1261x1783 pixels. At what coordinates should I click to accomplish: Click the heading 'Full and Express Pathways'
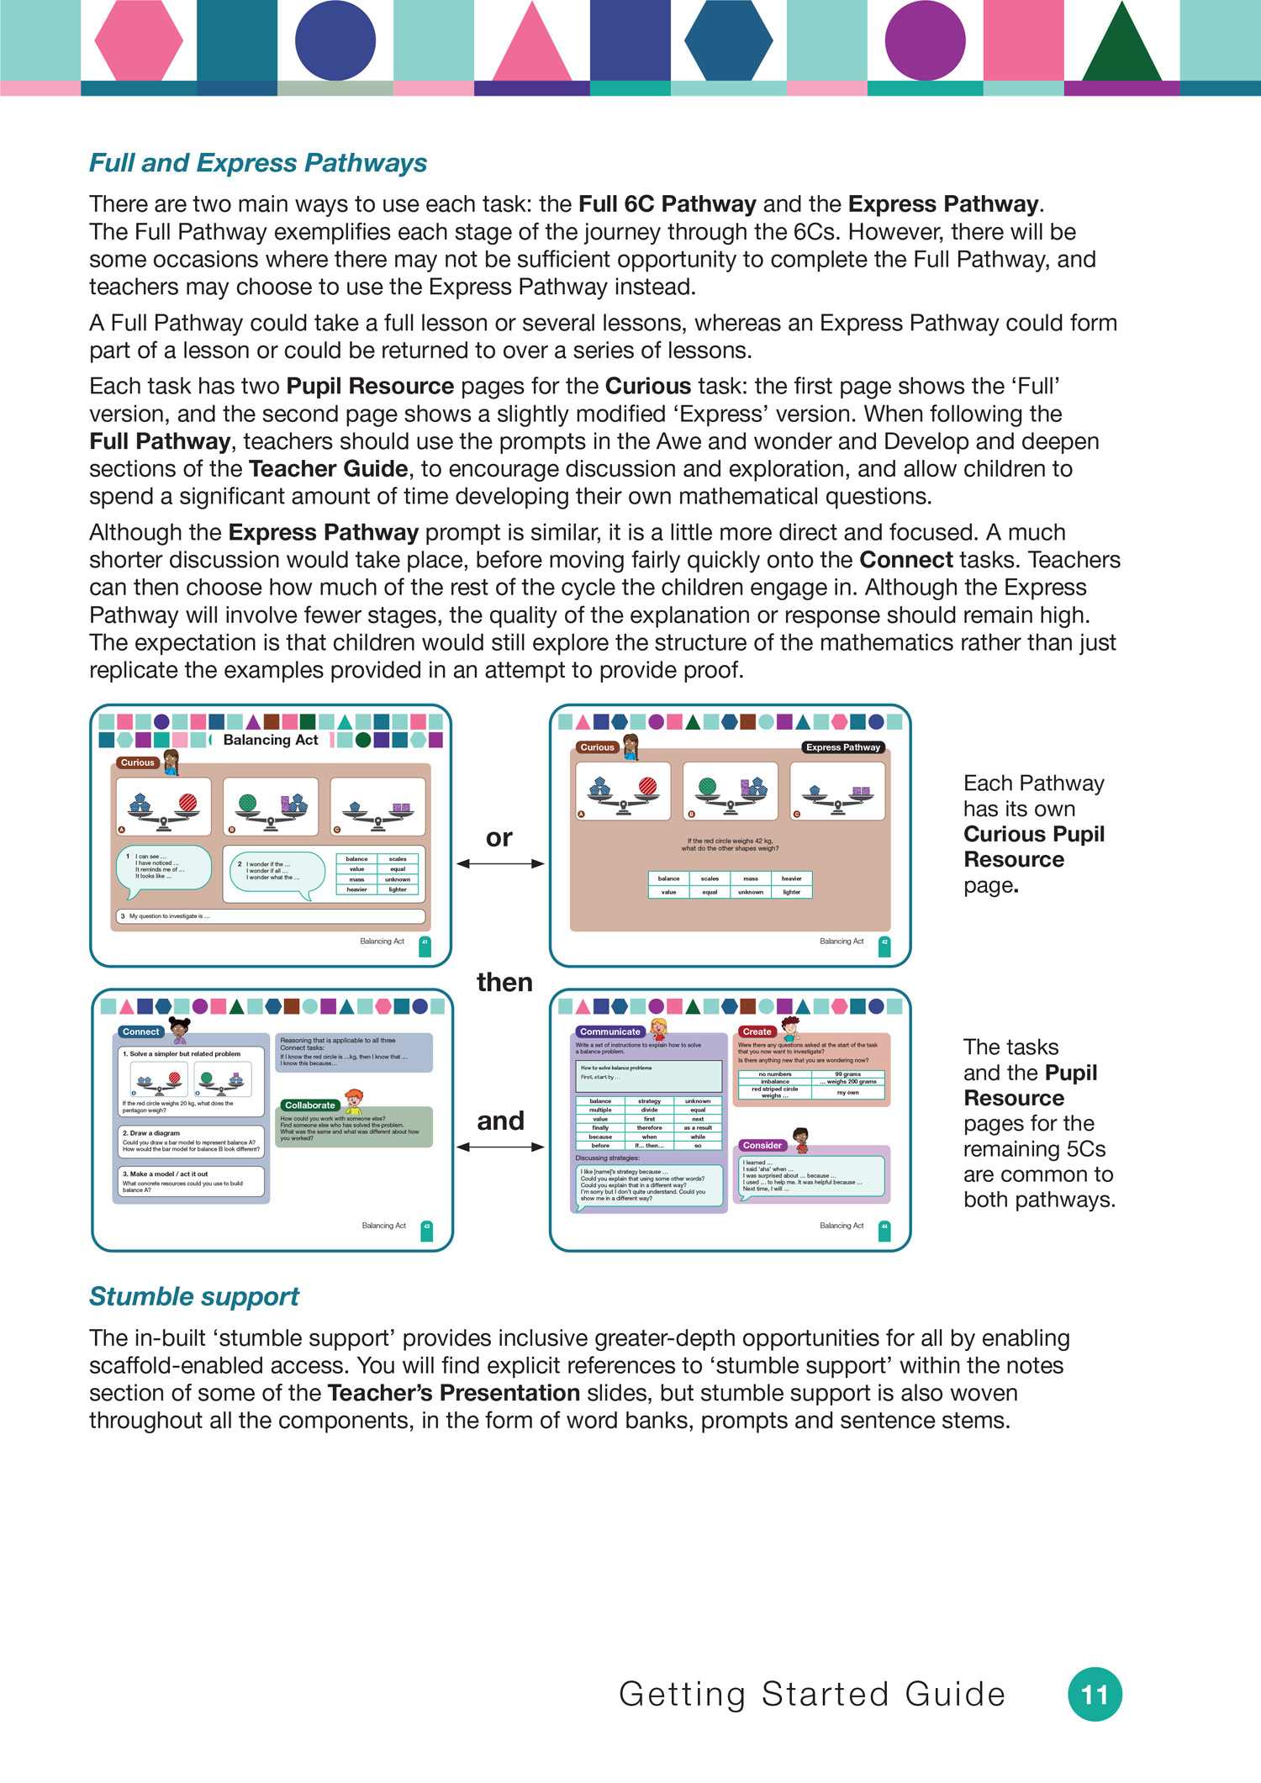(x=258, y=163)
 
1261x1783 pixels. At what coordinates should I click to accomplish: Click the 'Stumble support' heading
(x=194, y=1296)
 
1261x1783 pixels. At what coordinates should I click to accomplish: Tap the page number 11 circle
(x=1095, y=1694)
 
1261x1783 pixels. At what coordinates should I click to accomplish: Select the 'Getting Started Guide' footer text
(x=812, y=1694)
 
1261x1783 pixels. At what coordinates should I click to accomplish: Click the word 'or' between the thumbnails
(x=499, y=837)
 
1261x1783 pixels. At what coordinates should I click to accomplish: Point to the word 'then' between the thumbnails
(x=504, y=982)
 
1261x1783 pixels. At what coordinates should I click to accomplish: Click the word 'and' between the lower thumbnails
(x=500, y=1121)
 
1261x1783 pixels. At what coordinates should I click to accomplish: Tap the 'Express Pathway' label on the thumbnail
(x=842, y=747)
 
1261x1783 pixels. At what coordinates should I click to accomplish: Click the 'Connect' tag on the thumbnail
(x=140, y=1031)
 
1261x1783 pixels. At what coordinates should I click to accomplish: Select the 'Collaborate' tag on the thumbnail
(x=309, y=1105)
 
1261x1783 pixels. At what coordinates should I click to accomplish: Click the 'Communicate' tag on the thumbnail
(x=610, y=1031)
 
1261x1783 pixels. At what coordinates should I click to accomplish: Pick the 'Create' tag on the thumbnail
(x=757, y=1031)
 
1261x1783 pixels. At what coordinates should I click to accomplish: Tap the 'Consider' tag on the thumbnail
(x=762, y=1145)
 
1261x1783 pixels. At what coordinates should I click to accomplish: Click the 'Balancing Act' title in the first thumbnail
(x=271, y=740)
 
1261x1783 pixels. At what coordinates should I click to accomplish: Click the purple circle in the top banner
(x=925, y=40)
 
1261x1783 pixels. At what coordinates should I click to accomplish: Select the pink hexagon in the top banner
(x=139, y=40)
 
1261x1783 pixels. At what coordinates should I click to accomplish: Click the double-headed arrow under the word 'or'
(x=500, y=863)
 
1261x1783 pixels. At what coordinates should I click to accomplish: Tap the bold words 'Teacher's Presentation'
(x=453, y=1393)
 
